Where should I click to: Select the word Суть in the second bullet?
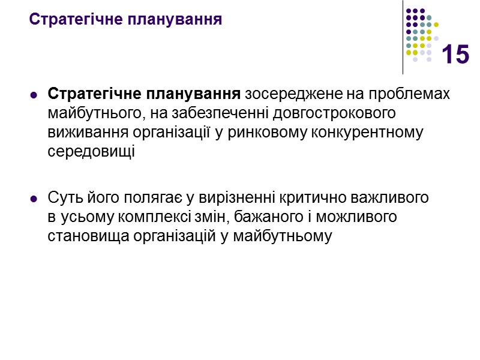point(62,197)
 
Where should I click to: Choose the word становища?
point(85,236)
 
